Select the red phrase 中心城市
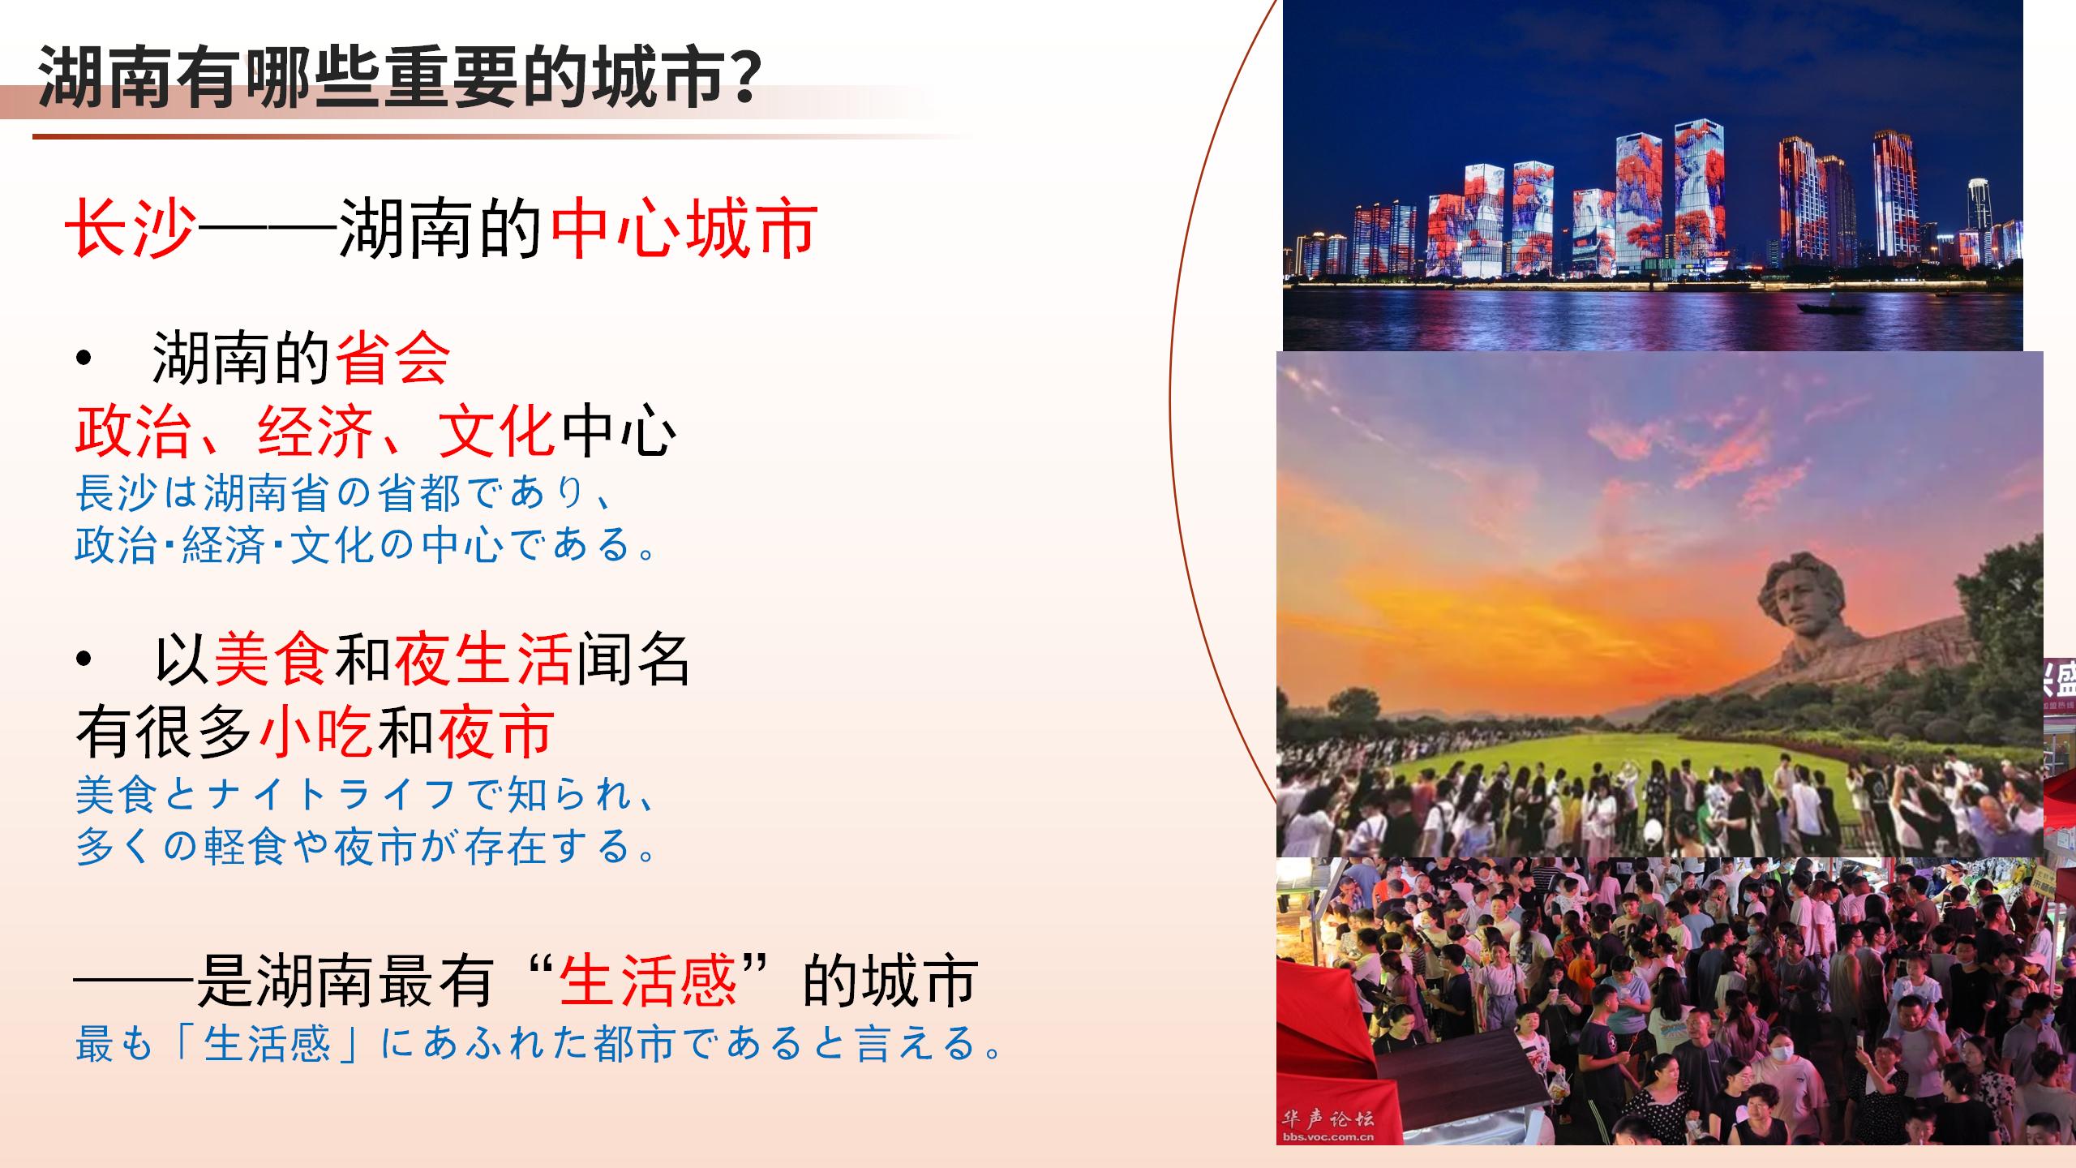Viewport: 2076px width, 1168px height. click(684, 230)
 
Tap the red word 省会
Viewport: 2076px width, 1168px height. click(392, 359)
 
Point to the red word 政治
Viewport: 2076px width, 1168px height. click(133, 431)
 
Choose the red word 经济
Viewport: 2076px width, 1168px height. click(315, 431)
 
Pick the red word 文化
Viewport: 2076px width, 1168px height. click(496, 431)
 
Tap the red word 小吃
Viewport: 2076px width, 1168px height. click(316, 731)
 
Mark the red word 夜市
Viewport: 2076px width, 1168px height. click(496, 731)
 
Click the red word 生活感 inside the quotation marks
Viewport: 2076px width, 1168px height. click(649, 981)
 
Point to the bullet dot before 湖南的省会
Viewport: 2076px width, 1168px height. click(84, 359)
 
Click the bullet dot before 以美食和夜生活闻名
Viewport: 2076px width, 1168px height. click(84, 659)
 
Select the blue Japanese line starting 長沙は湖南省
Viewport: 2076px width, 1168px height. click(344, 493)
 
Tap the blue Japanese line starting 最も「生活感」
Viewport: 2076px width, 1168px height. click(538, 1043)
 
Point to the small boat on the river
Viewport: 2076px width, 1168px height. click(1831, 307)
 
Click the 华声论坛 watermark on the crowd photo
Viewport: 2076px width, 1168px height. click(1328, 1120)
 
